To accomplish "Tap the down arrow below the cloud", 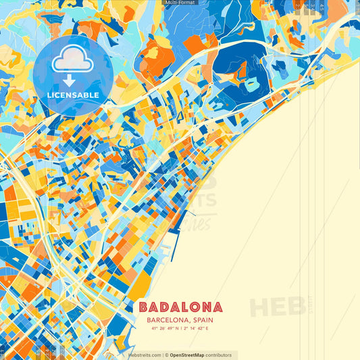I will click(72, 80).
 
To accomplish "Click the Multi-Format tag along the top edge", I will click(180, 3).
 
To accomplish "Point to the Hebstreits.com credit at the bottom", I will click(143, 355).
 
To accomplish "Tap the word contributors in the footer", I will click(219, 355).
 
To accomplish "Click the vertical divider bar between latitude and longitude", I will click(180, 329).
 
